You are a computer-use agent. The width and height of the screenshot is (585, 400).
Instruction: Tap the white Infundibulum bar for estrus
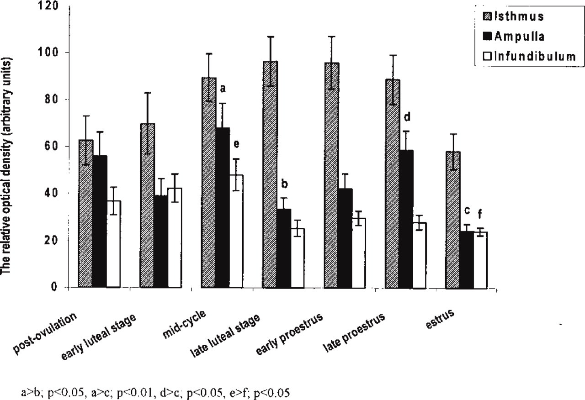click(x=481, y=260)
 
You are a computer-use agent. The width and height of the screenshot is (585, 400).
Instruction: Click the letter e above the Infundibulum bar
click(x=236, y=145)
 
